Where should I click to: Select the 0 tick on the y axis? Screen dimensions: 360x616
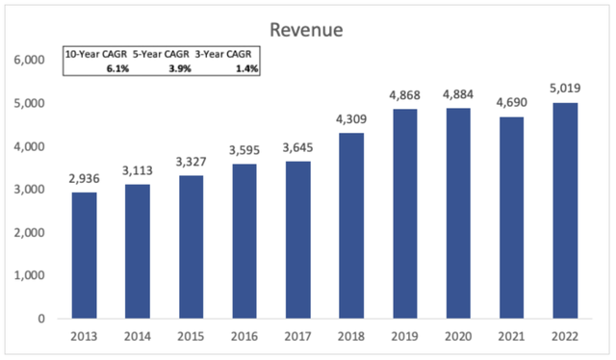tap(40, 319)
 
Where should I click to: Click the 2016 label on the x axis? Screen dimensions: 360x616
tap(241, 339)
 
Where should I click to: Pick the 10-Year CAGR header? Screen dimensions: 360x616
tap(94, 54)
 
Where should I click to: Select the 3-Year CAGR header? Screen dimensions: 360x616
tap(227, 54)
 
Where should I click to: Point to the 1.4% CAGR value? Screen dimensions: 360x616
tap(247, 69)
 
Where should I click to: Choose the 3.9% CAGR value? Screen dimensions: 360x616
tap(179, 69)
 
